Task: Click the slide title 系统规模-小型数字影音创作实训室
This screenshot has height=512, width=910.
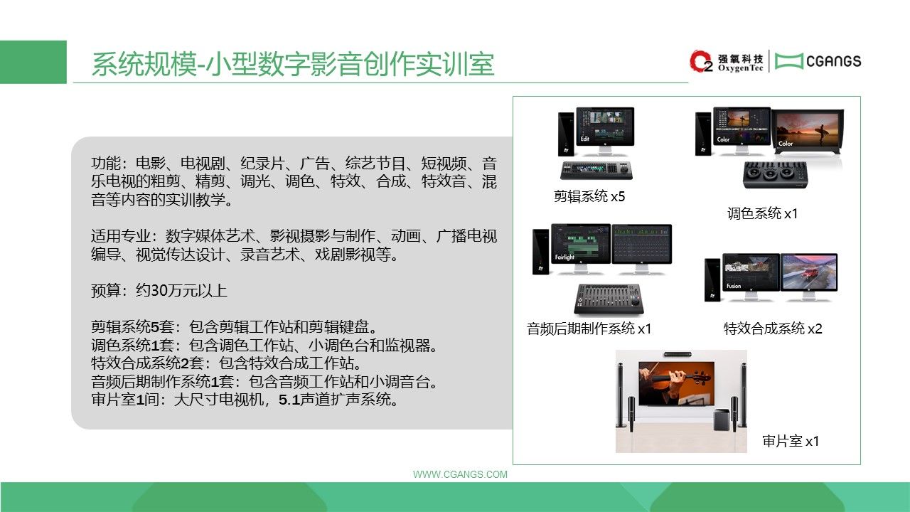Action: tap(293, 64)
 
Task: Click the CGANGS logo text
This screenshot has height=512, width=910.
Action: tap(833, 61)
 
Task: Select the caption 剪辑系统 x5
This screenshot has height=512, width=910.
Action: tap(589, 197)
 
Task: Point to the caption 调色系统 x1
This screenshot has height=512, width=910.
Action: tap(763, 213)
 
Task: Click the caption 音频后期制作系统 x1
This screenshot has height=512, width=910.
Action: tap(589, 329)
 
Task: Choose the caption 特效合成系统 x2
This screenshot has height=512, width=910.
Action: tap(773, 329)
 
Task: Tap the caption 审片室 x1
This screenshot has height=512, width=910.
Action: tap(791, 441)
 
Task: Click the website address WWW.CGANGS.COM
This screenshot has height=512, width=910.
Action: tap(460, 474)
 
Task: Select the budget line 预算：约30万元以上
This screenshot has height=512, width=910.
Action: tap(159, 291)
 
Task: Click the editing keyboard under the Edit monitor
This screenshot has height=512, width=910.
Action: tap(596, 170)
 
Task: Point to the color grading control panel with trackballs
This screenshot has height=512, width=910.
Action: tap(775, 175)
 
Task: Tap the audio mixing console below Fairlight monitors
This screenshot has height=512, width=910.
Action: tap(609, 299)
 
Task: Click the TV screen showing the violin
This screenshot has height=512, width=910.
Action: tap(676, 383)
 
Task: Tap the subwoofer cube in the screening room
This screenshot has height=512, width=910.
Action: tap(722, 420)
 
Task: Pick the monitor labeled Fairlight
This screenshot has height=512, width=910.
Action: tap(581, 247)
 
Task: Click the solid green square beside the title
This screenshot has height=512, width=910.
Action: tap(33, 62)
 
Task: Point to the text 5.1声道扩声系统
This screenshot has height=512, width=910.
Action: tap(338, 400)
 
